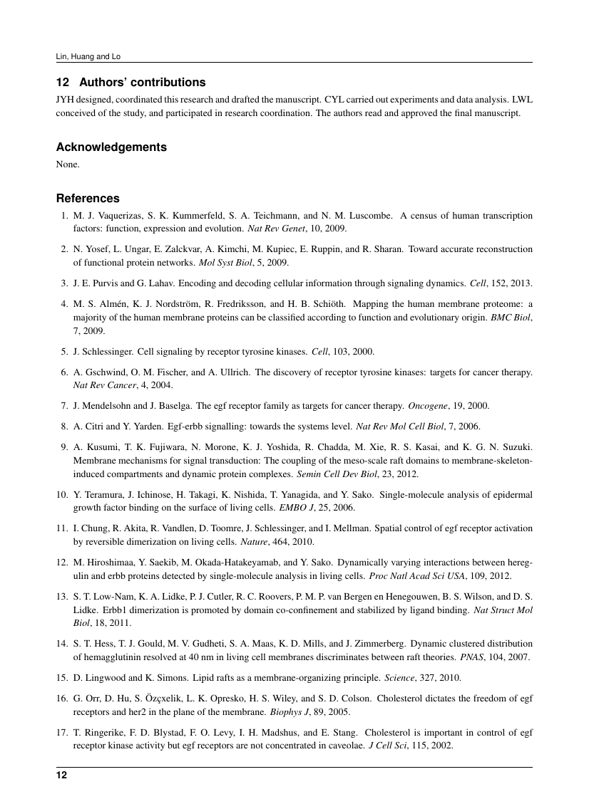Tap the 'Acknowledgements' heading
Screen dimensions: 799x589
pyautogui.click(x=111, y=147)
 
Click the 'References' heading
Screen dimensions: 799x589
pyautogui.click(x=88, y=199)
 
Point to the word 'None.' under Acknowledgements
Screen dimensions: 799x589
pyautogui.click(x=68, y=164)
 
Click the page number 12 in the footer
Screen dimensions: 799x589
pyautogui.click(x=61, y=775)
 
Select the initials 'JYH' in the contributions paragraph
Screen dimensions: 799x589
pyautogui.click(x=65, y=100)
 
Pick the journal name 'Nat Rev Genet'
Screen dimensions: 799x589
pyautogui.click(x=270, y=229)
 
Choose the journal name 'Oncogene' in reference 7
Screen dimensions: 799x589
pyautogui.click(x=426, y=406)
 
